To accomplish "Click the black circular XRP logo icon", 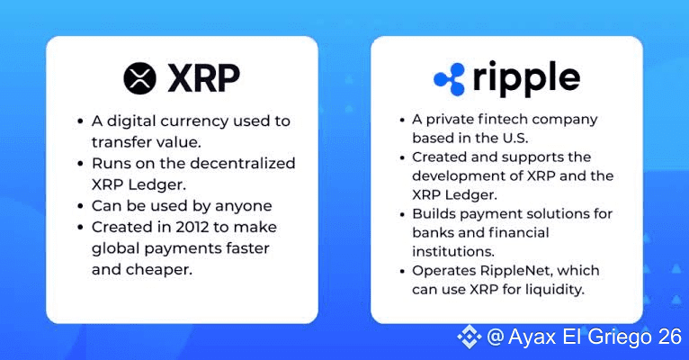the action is [139, 78].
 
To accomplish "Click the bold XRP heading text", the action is [204, 78].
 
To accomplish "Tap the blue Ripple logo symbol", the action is [449, 79].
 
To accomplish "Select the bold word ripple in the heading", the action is [526, 79].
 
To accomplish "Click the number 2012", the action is [192, 227].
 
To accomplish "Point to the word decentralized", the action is [243, 163].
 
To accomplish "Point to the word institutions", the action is [453, 251].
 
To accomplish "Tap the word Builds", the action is [434, 213].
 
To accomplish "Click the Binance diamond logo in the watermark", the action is [469, 337].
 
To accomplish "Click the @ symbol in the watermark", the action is [496, 337].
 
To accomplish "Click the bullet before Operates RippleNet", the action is [402, 271].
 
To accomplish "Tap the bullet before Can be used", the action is [80, 206].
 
